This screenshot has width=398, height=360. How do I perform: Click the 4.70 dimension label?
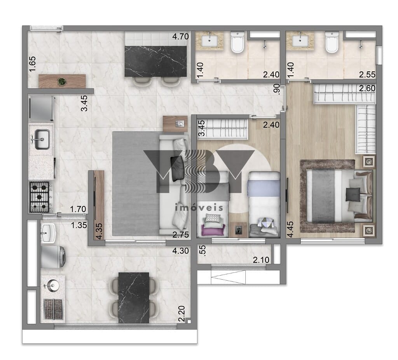click(180, 37)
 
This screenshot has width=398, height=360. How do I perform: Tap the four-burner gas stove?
click(39, 197)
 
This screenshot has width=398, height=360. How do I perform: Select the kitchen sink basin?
click(42, 139)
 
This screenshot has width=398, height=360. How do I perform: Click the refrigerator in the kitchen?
click(41, 108)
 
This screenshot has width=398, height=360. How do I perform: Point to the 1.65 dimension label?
click(33, 64)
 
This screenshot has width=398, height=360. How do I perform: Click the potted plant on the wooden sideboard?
click(62, 82)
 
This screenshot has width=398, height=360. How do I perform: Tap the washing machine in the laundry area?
click(53, 256)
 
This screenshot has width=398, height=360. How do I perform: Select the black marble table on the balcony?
click(134, 297)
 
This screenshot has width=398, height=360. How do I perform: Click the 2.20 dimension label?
click(182, 313)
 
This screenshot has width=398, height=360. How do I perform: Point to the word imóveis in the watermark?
click(199, 207)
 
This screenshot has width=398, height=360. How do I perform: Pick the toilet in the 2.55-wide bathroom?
click(332, 42)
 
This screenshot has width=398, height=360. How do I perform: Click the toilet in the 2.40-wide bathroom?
click(237, 42)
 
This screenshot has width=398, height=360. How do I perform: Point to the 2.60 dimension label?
click(367, 88)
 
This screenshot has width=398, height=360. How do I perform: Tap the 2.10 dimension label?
click(261, 260)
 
